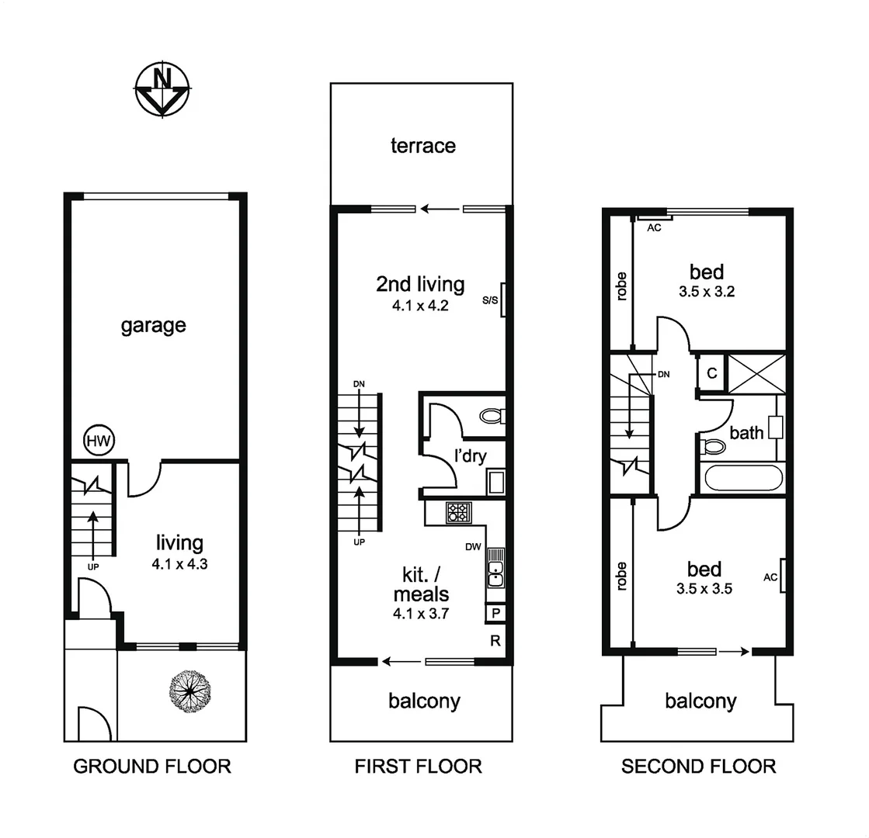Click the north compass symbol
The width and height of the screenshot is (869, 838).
[x=162, y=89]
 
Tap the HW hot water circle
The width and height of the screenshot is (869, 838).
[x=99, y=442]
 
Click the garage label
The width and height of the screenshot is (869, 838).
[x=153, y=325]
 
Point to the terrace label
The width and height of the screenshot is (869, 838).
[x=422, y=146]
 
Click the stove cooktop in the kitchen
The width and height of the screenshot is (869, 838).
[x=457, y=513]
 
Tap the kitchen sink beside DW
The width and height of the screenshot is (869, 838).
[x=495, y=575]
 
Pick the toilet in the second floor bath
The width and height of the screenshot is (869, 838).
[x=714, y=446]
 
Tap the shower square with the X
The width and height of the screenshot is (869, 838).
[x=756, y=373]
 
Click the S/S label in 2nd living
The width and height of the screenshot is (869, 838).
[x=491, y=300]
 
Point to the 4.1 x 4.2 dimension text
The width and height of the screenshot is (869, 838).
[x=420, y=306]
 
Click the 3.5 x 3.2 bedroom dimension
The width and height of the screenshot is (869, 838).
[x=706, y=293]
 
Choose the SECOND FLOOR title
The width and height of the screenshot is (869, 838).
[x=698, y=767]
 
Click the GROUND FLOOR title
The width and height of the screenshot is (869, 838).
[x=152, y=767]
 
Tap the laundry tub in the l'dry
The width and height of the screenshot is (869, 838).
[x=495, y=482]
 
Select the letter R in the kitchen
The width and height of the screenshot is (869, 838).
[x=494, y=641]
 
